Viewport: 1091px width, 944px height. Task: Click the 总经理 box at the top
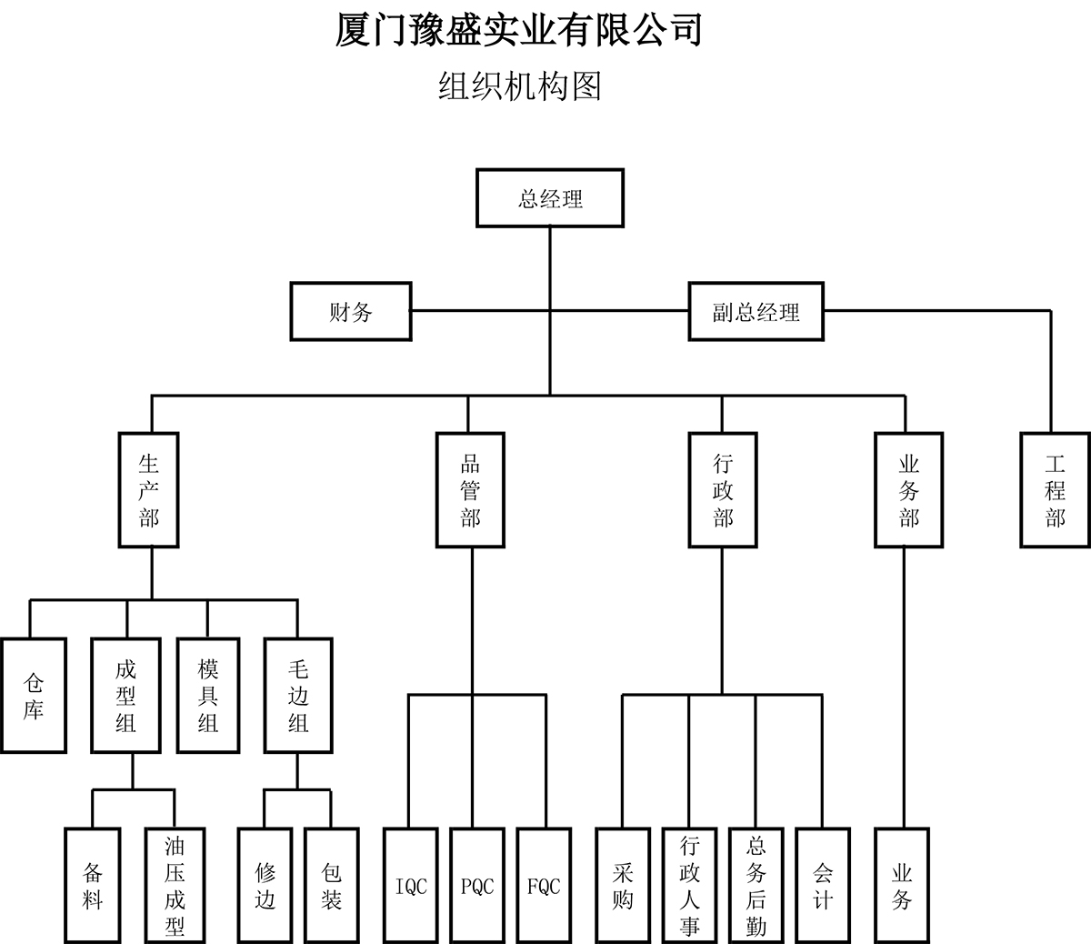pos(550,198)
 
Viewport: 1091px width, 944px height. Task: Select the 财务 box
pos(350,312)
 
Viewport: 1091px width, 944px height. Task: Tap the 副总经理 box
pos(756,312)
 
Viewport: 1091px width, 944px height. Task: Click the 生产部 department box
pos(149,490)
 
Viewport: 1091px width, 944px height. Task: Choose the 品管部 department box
pos(470,490)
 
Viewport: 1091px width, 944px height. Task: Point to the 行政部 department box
pos(723,490)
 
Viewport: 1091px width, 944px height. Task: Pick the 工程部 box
pos(1055,490)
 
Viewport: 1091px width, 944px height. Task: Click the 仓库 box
pos(34,696)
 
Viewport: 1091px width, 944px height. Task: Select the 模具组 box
pos(208,696)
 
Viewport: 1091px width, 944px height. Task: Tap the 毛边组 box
pos(298,696)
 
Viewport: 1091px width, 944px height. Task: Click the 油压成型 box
pos(175,886)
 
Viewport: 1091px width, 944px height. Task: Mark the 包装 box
pos(332,886)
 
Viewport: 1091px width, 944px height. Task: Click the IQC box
pos(411,886)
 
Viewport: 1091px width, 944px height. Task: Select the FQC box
pos(544,886)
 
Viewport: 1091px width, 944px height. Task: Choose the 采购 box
pos(623,886)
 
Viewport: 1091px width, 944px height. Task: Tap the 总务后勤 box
pos(756,886)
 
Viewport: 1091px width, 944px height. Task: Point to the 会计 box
pos(823,886)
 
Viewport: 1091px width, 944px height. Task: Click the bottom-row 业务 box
pos(902,886)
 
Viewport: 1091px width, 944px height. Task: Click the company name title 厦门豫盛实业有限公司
pos(519,29)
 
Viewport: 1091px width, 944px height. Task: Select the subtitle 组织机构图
pos(519,86)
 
